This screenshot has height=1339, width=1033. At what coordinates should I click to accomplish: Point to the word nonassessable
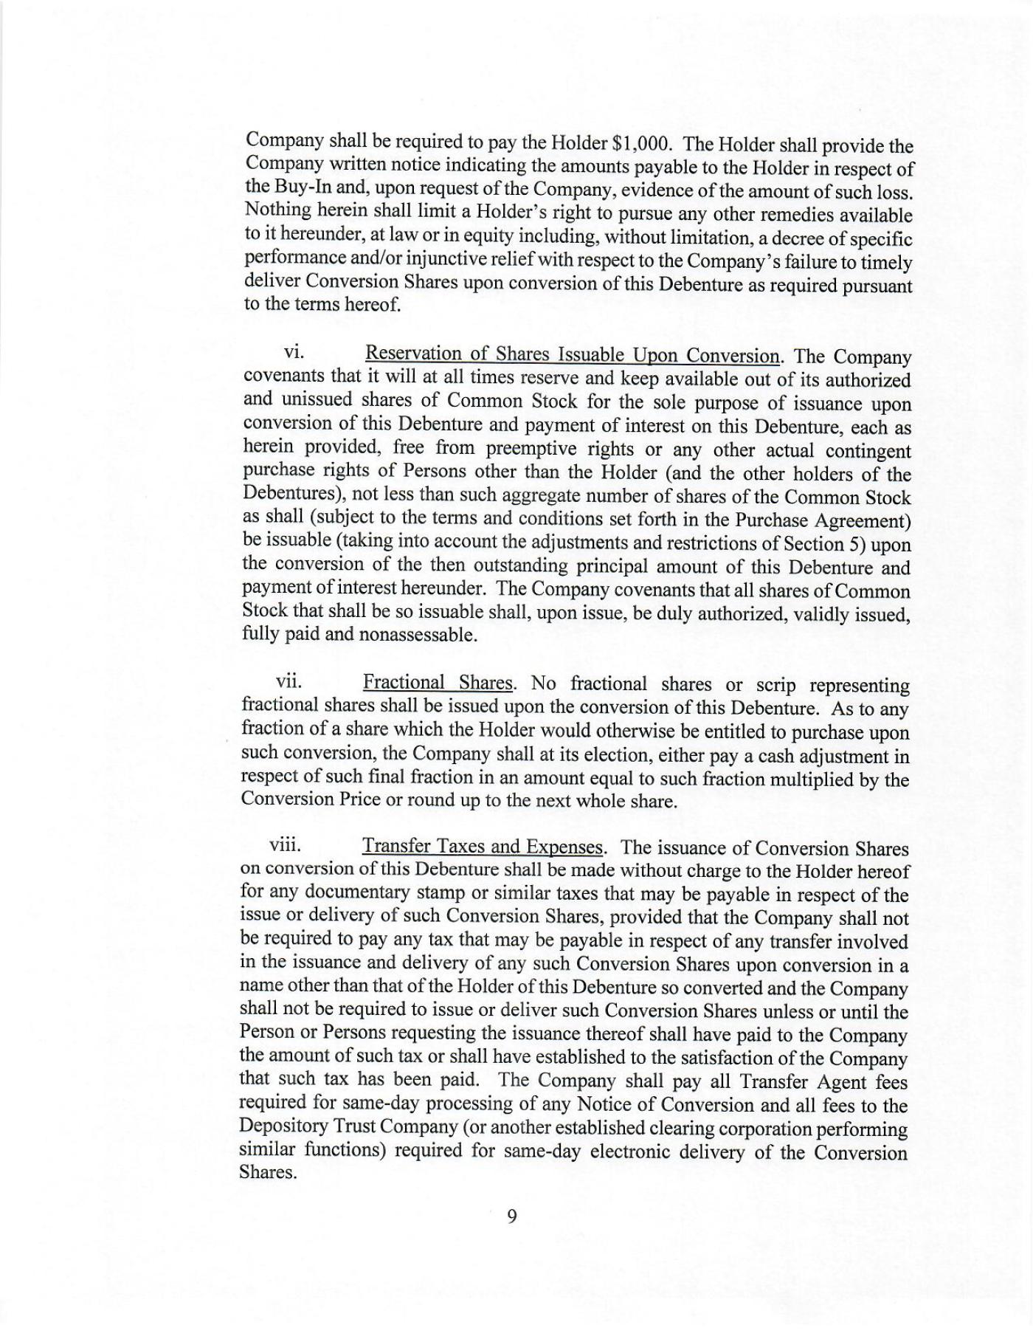pyautogui.click(x=417, y=635)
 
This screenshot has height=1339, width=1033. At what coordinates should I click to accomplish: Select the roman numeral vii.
pyautogui.click(x=288, y=681)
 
